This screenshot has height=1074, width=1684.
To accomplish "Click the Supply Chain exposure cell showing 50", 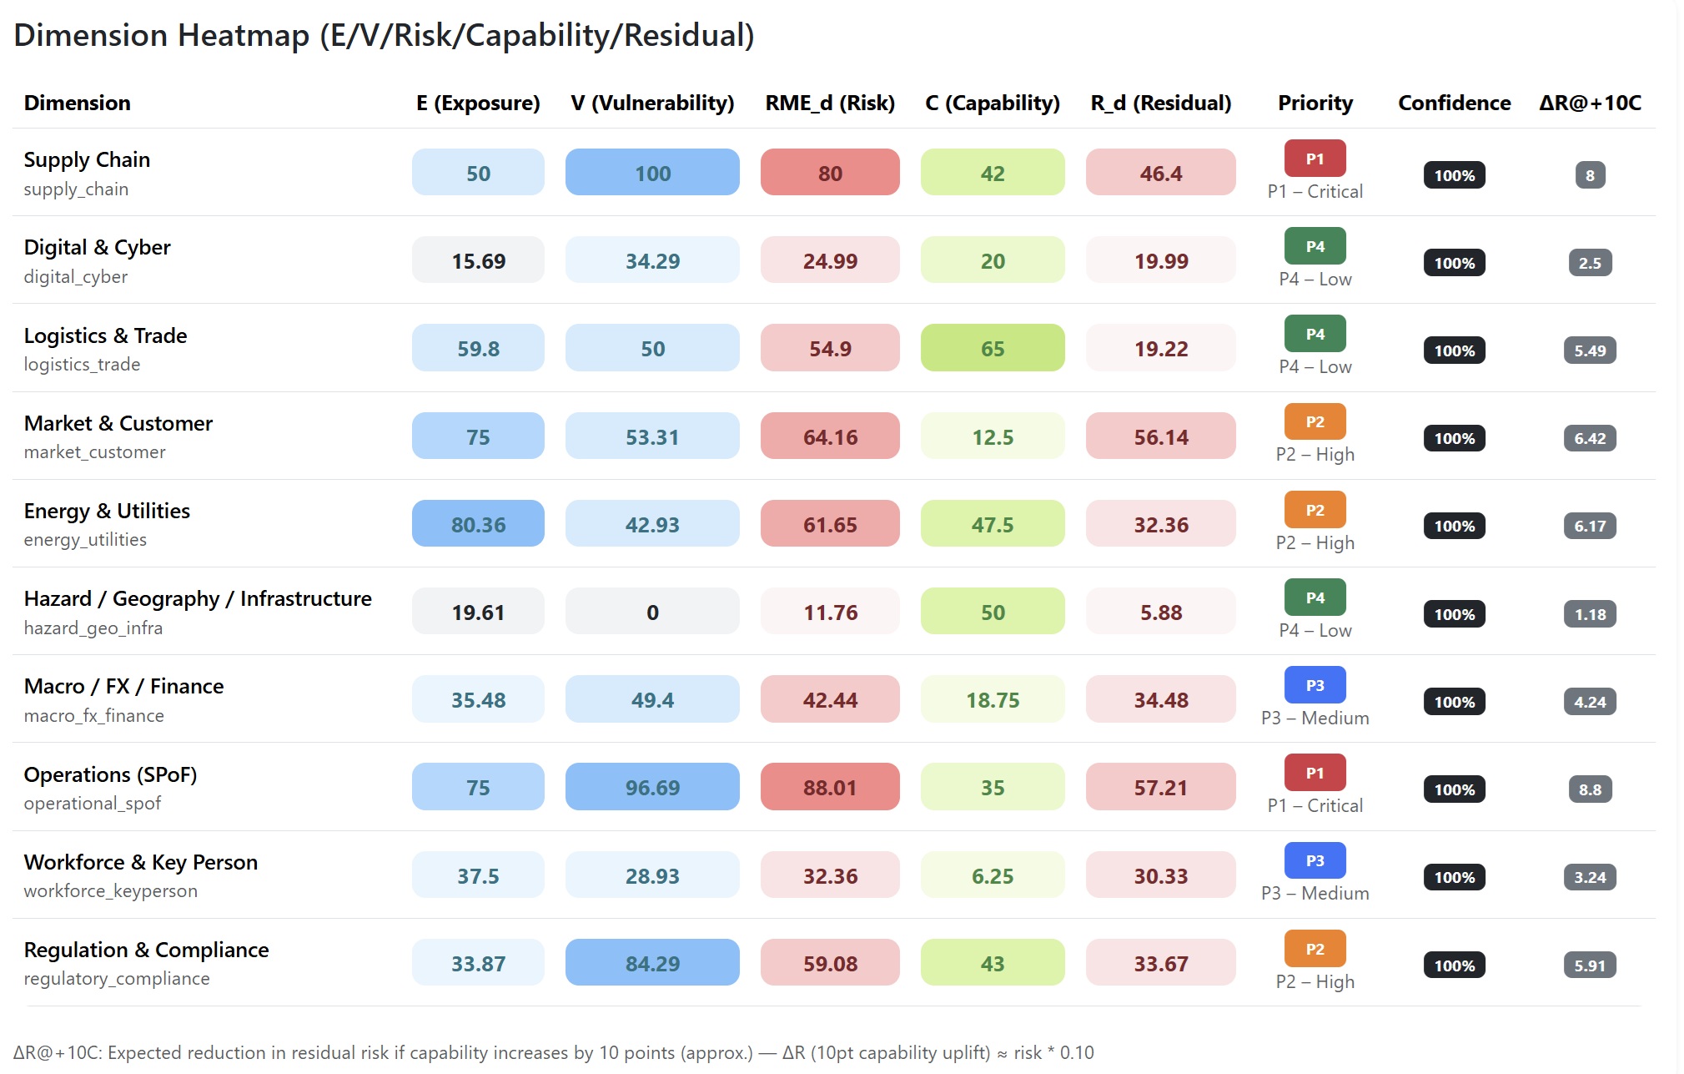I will [478, 173].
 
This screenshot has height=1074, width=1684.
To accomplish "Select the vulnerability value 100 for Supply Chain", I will [652, 173].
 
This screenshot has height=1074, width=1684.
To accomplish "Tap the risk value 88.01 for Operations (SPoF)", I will [830, 787].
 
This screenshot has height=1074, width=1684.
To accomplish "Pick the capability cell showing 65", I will [993, 348].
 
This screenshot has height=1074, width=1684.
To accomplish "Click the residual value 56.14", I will [1160, 436].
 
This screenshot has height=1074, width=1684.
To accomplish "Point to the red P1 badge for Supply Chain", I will [1315, 159].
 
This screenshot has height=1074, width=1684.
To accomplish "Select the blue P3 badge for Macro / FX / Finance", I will [1315, 685].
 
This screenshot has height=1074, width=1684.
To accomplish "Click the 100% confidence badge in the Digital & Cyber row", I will [1454, 263].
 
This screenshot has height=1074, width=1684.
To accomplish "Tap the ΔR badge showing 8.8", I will [1590, 789].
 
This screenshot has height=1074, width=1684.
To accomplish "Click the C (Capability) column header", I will [993, 103].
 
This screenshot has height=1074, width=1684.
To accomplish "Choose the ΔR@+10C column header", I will [1590, 103].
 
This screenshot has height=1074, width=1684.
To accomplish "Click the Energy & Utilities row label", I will [107, 511].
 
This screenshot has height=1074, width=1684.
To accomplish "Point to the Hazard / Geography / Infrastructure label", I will [198, 598].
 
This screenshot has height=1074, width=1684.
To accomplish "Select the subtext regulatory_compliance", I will [117, 978].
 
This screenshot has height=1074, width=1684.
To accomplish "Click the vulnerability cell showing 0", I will [652, 612].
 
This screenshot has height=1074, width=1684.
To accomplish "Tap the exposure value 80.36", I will [478, 524].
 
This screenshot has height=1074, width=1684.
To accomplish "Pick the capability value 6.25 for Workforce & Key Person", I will [993, 875].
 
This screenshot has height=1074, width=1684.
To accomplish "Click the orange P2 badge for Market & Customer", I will [1315, 421].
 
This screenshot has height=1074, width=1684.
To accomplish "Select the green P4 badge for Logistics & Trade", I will [1315, 334].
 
